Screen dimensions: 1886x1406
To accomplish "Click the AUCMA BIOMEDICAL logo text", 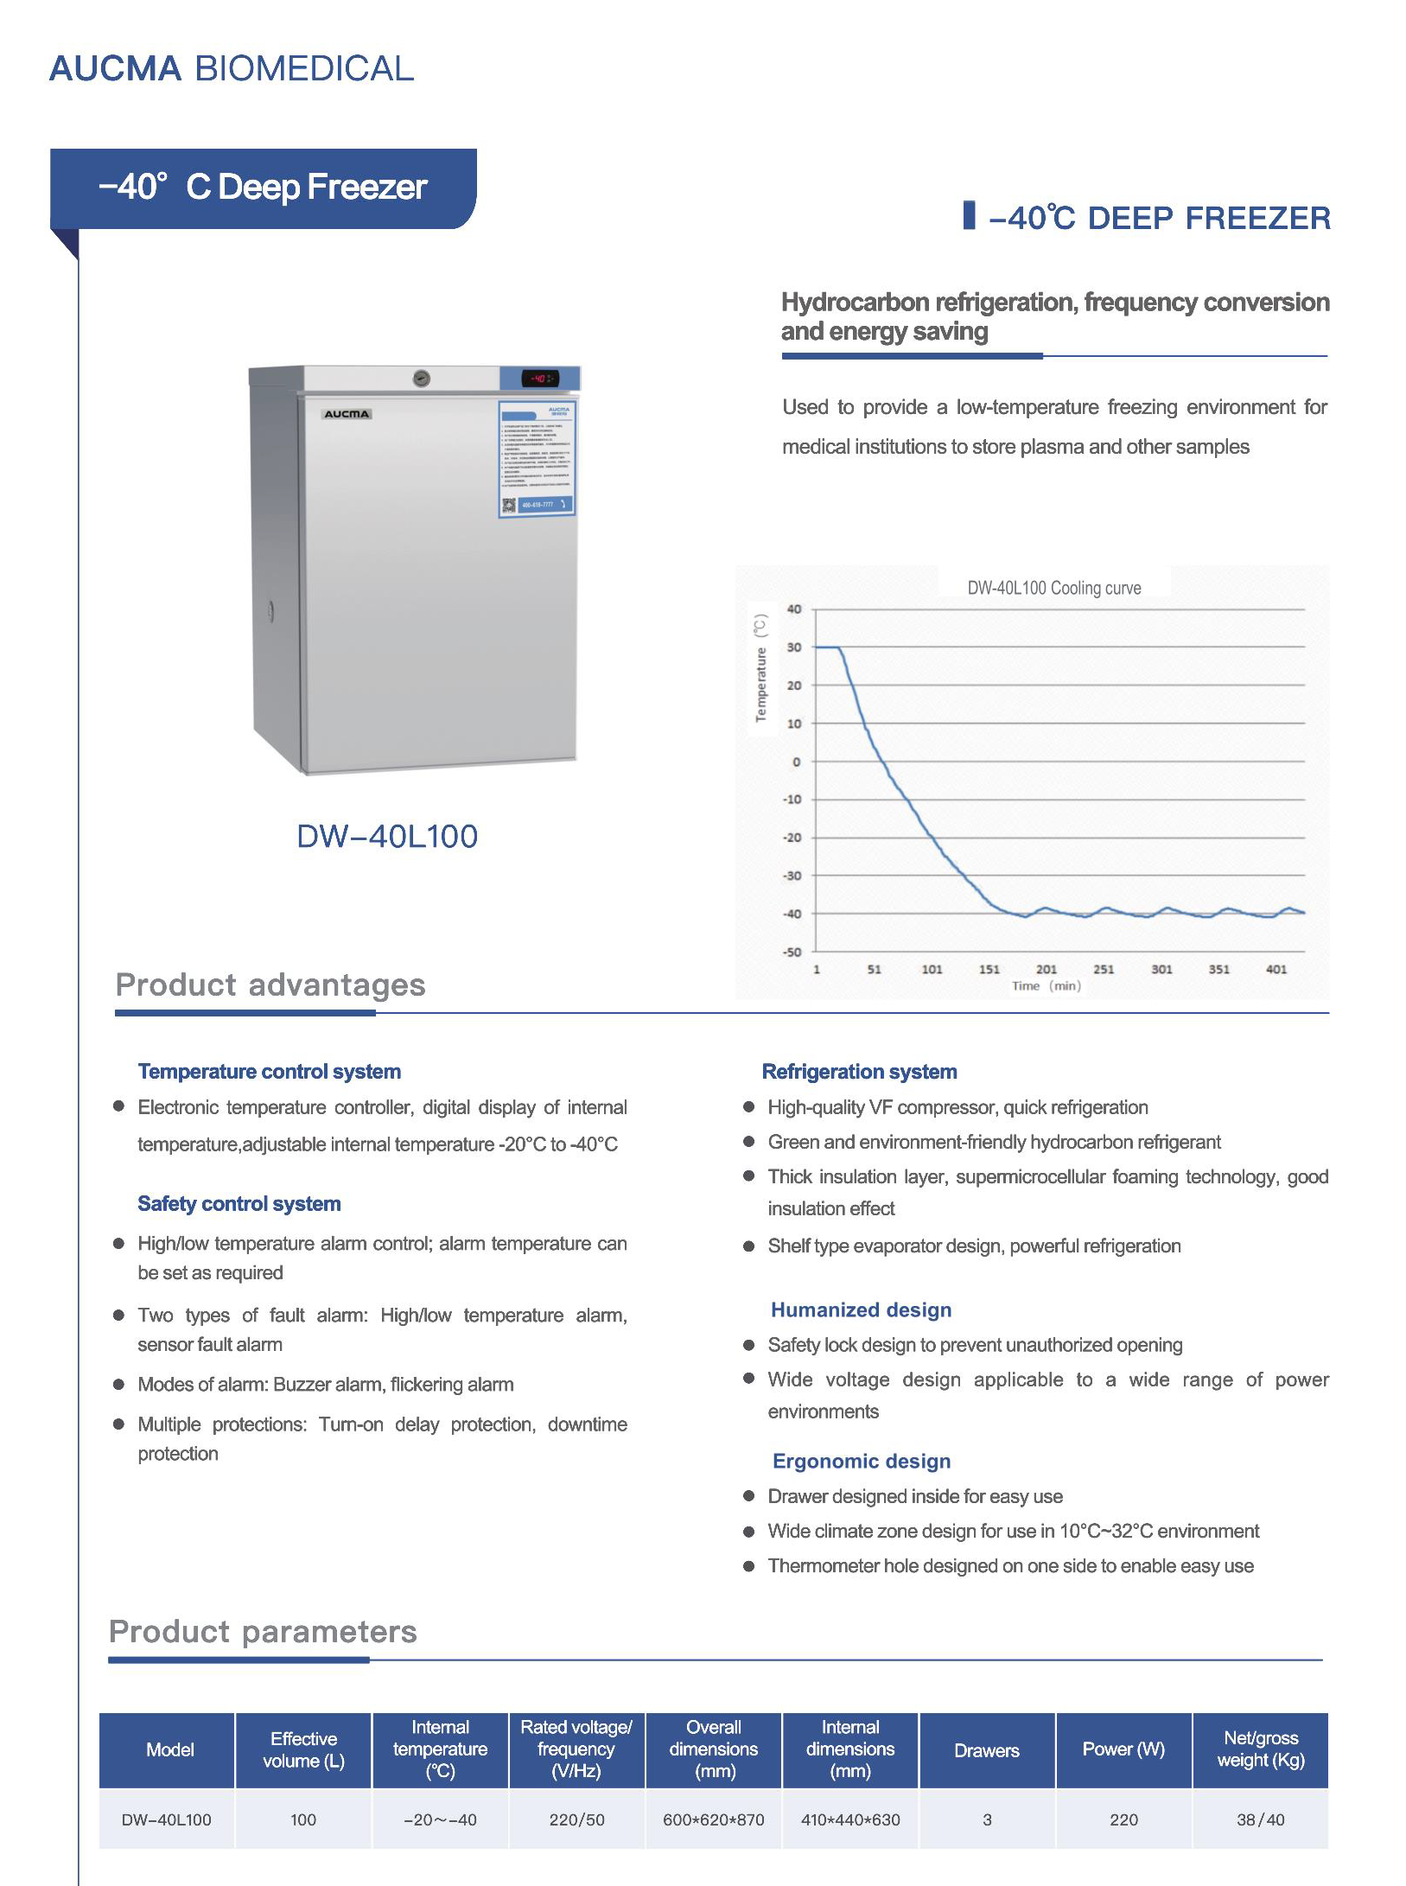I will point(231,69).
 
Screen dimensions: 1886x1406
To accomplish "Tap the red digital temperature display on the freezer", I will point(540,379).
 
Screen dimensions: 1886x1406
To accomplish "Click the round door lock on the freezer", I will point(421,378).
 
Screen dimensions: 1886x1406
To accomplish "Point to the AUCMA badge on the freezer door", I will point(347,414).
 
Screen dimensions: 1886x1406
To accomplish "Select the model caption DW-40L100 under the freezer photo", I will point(386,836).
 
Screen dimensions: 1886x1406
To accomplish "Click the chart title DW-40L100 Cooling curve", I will point(1053,588).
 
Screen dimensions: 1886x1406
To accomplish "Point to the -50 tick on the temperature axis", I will point(792,952).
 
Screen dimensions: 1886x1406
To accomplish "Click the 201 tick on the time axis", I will point(1046,969).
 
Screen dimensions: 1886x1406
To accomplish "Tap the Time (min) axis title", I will point(1046,985).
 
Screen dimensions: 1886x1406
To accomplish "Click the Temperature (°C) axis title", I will point(760,667).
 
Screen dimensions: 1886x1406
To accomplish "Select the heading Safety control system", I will point(239,1203).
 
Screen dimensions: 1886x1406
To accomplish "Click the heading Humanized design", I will point(861,1309).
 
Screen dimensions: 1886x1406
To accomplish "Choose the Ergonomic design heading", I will point(862,1461).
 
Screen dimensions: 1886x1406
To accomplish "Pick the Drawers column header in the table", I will point(986,1750).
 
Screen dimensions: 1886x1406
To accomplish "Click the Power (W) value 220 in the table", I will point(1123,1819).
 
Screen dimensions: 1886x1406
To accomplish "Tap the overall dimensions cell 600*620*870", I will point(713,1819).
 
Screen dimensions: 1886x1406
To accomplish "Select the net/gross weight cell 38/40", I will point(1260,1819).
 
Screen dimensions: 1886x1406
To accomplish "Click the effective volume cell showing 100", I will point(303,1819).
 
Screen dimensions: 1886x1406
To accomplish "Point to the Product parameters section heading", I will point(263,1631).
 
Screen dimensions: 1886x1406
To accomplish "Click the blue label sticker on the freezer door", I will point(537,458).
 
